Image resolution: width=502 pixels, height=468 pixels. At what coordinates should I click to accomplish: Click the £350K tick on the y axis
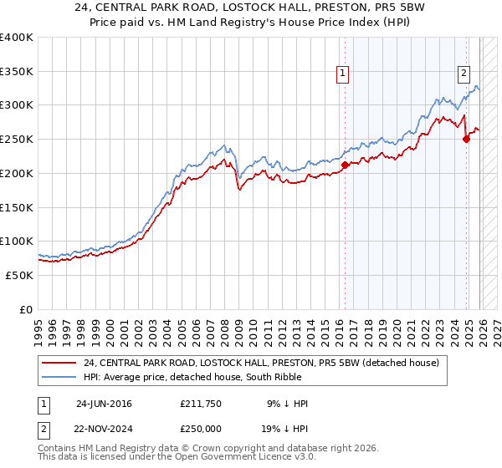(17, 72)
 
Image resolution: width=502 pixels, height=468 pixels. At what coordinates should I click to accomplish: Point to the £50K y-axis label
(17, 275)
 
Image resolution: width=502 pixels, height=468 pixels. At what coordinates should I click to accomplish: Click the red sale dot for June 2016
(345, 165)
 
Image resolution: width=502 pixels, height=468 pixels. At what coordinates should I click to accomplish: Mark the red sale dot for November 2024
(467, 140)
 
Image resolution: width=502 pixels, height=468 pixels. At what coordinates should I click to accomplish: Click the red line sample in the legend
(59, 363)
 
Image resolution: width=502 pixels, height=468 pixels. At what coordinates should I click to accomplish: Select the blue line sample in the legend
(59, 377)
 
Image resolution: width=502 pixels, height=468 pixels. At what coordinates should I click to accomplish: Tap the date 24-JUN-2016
(104, 404)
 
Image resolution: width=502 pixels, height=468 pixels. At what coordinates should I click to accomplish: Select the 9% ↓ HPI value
(287, 404)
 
